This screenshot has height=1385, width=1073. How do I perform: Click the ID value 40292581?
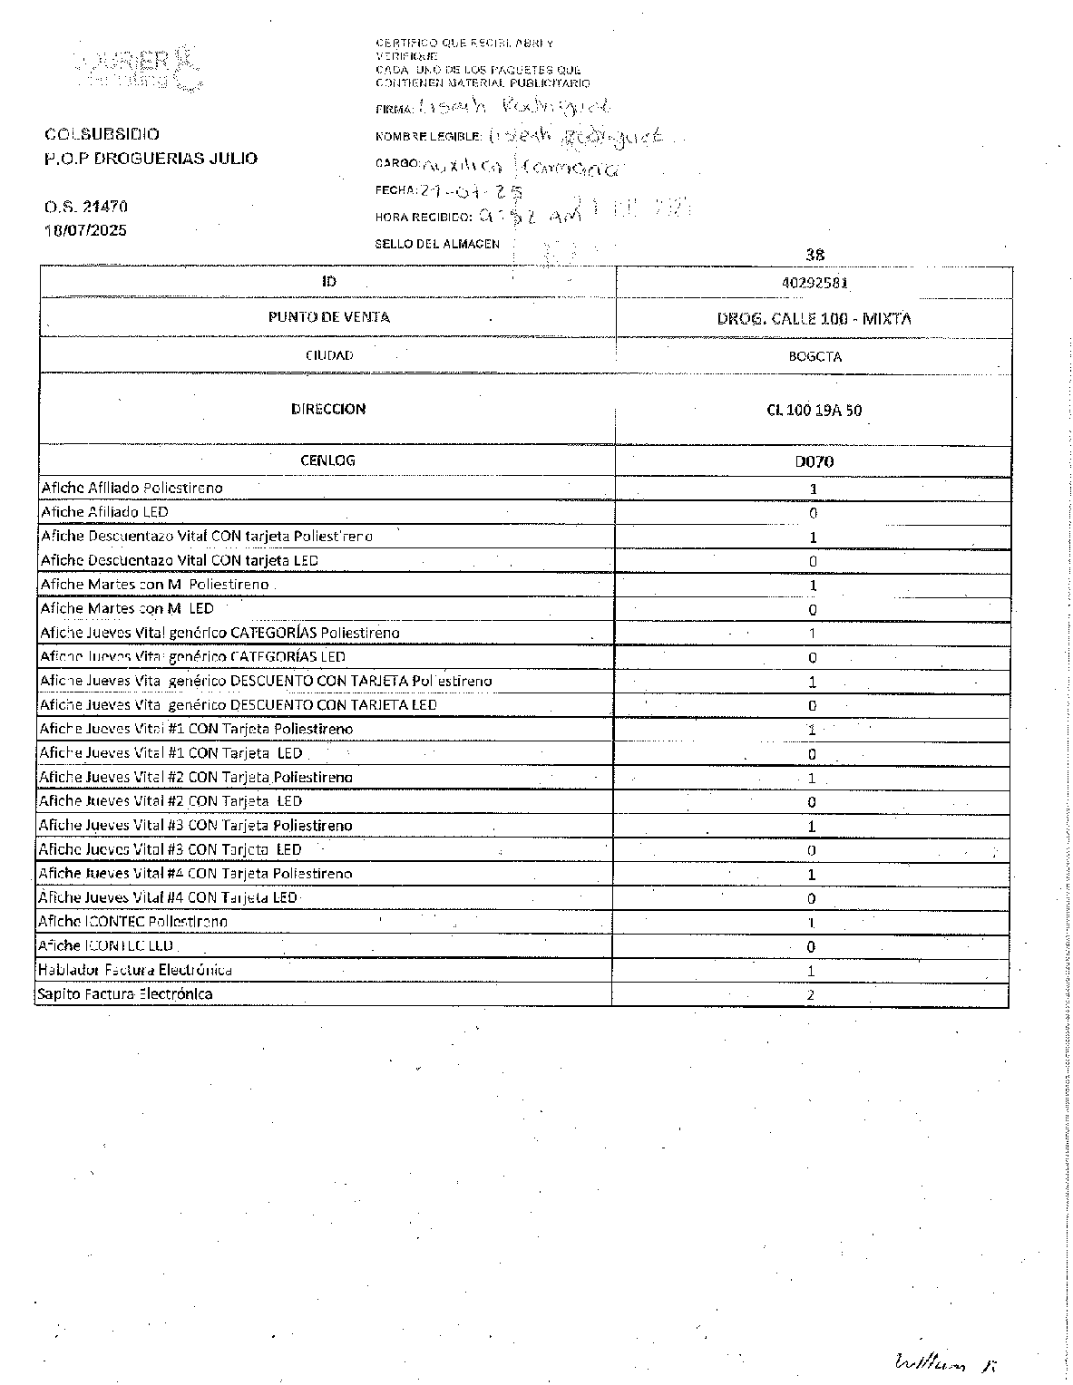click(x=814, y=282)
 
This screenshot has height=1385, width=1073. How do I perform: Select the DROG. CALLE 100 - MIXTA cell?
click(x=814, y=318)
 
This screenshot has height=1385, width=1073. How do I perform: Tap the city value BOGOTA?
click(x=815, y=356)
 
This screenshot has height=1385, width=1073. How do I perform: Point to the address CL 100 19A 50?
click(x=814, y=410)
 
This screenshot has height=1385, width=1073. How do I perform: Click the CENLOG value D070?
click(x=814, y=461)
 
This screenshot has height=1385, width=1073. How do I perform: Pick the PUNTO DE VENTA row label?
click(x=328, y=317)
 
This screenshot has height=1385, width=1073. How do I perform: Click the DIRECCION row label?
click(x=328, y=409)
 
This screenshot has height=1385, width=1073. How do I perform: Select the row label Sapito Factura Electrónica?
click(x=125, y=994)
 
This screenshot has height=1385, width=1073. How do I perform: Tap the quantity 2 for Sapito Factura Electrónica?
click(x=811, y=995)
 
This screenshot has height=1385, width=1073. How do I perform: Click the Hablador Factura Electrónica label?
click(x=134, y=970)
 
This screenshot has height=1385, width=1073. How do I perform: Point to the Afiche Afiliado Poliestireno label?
click(x=132, y=488)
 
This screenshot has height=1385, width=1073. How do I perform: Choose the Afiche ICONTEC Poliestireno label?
click(x=132, y=922)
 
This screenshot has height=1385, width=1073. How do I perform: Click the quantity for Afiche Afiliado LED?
click(x=813, y=513)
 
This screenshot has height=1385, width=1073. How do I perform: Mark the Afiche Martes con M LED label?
click(x=127, y=608)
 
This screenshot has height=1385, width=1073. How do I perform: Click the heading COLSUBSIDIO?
click(x=102, y=134)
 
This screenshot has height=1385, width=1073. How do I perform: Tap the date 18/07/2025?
click(x=86, y=230)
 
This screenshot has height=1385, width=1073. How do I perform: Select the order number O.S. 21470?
click(x=86, y=207)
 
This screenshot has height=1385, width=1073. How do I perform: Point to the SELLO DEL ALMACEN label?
click(x=437, y=244)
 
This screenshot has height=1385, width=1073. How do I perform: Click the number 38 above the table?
click(x=815, y=256)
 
